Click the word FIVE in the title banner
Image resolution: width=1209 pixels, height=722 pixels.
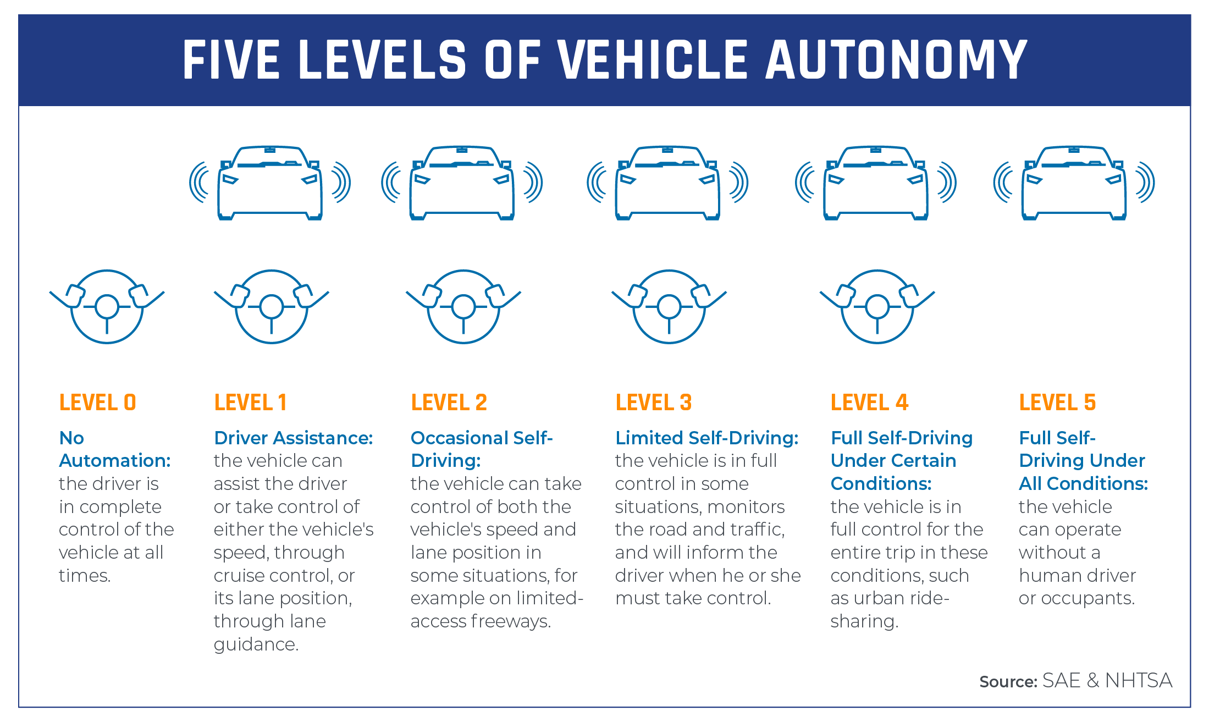[231, 60]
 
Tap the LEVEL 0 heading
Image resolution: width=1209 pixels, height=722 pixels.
[97, 403]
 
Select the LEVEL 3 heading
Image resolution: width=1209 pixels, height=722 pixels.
[653, 403]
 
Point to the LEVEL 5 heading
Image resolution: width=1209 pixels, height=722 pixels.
[1057, 403]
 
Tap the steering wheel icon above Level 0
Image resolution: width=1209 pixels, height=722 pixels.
[107, 306]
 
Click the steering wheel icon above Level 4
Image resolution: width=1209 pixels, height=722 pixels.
[877, 306]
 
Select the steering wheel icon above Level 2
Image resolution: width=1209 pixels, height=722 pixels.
[463, 306]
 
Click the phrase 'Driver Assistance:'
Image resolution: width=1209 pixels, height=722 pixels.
[293, 438]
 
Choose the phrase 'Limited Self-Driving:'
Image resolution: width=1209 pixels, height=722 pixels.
[706, 438]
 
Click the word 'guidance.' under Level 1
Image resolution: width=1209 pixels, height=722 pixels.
[256, 644]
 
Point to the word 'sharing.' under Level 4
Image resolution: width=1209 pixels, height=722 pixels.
[864, 621]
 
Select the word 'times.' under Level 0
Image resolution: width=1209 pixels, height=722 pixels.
[85, 576]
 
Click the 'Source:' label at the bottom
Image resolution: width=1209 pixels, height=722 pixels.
[1008, 682]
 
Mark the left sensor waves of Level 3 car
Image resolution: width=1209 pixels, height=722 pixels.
[597, 183]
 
